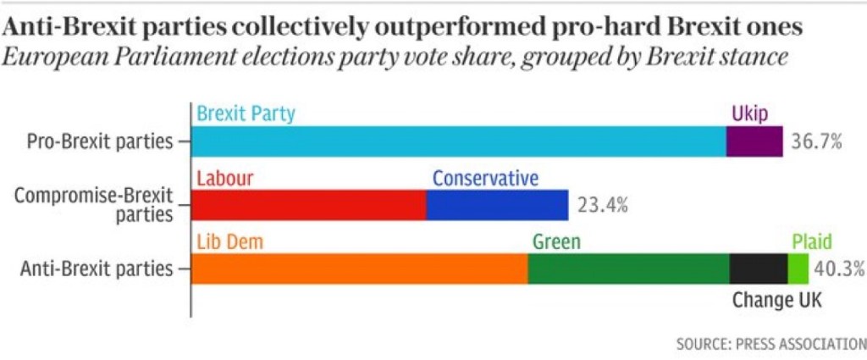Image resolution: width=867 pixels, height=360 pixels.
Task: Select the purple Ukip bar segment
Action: click(754, 141)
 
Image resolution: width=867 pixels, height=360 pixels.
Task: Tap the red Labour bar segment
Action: click(309, 205)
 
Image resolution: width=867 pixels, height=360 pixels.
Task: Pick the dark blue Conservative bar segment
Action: click(497, 205)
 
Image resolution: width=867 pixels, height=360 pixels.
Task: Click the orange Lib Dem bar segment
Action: click(360, 269)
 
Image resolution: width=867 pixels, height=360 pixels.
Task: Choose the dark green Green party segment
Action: click(628, 269)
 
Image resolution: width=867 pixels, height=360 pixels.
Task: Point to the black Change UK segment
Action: click(759, 269)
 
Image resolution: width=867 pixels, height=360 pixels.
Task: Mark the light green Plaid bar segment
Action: click(798, 269)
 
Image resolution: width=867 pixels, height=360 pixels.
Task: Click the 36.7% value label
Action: click(816, 141)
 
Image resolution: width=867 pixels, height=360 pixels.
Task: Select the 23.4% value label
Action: click(602, 205)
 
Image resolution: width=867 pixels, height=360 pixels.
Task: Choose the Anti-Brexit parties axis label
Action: click(95, 269)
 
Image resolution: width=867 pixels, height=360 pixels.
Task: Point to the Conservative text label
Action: click(485, 179)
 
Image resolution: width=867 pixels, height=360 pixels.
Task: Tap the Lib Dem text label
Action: click(229, 242)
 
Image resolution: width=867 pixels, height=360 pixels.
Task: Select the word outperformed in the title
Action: click(445, 27)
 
